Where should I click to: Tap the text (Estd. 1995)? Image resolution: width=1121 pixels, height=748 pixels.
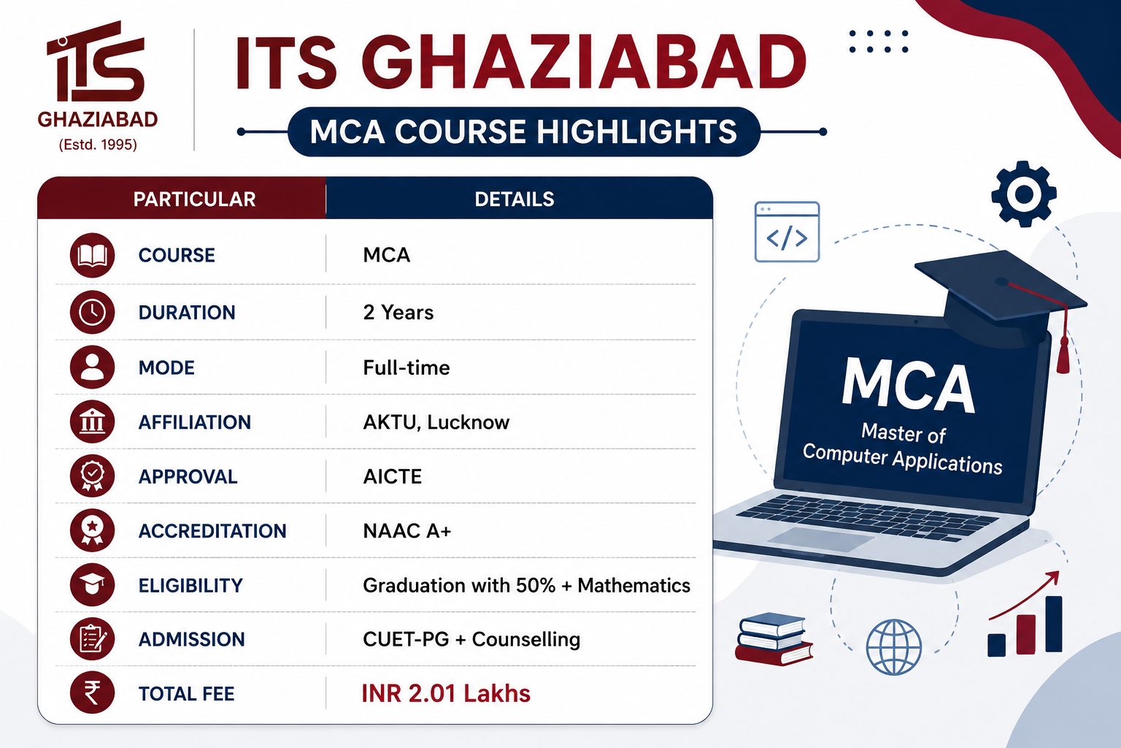pos(98,145)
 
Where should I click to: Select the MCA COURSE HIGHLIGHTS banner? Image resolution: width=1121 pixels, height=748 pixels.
pos(523,131)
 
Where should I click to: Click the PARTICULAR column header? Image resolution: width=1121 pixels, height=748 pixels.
pos(194,199)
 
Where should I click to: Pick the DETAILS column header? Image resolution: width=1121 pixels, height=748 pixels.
pos(515,199)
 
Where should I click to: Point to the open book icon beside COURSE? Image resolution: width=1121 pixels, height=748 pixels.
pos(92,255)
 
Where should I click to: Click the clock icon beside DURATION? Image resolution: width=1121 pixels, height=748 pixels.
pos(92,312)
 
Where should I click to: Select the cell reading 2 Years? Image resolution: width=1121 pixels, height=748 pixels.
pos(398,312)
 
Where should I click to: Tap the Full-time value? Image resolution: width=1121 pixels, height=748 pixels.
pos(407,367)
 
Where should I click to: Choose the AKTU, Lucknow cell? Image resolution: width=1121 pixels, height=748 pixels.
pos(436,422)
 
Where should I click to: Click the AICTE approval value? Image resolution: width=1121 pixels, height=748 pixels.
pos(393,476)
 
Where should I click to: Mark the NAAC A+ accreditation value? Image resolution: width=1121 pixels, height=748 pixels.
pos(407,530)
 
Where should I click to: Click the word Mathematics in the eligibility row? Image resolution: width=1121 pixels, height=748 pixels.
pos(634,585)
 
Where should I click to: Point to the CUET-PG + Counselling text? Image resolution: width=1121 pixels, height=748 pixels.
pos(471,639)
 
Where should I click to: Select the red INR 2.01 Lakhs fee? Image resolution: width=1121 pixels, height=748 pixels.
pos(446,693)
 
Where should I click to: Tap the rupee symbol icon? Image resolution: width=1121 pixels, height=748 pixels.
pos(92,692)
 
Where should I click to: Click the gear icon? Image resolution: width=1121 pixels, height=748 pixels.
pos(1024,194)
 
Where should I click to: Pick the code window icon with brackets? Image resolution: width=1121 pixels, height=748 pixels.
pos(787,232)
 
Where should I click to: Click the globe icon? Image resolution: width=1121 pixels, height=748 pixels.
pos(894,646)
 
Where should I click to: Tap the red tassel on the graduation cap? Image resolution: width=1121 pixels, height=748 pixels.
pos(1063,355)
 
